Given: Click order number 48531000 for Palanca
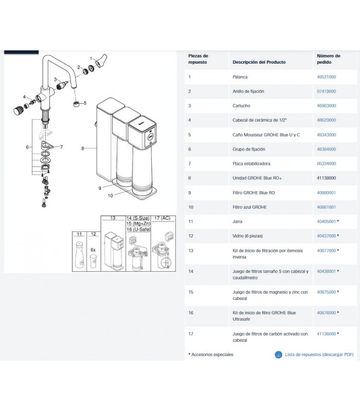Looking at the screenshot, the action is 326,77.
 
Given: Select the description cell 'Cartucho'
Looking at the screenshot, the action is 241,106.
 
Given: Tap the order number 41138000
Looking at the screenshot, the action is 326,178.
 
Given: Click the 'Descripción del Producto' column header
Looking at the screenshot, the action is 259,62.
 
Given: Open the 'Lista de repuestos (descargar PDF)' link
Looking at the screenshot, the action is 319,354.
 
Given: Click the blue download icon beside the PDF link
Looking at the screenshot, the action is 278,354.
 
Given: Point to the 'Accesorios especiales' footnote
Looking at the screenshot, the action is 211,354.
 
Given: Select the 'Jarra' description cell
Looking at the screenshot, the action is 237,221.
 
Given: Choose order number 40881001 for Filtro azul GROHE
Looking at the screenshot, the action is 326,207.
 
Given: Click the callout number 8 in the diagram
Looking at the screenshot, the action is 83,148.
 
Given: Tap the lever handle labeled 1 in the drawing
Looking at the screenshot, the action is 101,61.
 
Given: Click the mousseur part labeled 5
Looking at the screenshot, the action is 76,104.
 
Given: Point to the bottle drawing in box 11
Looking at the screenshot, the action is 79,255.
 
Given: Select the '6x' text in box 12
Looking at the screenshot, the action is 93,250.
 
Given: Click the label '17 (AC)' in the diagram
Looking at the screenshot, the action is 162,218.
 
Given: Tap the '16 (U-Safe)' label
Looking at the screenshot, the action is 138,229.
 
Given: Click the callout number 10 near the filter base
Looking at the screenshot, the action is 110,196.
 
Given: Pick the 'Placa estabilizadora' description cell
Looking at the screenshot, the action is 251,163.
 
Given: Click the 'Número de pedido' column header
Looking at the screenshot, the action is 329,59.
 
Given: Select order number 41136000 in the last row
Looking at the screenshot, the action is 326,334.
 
